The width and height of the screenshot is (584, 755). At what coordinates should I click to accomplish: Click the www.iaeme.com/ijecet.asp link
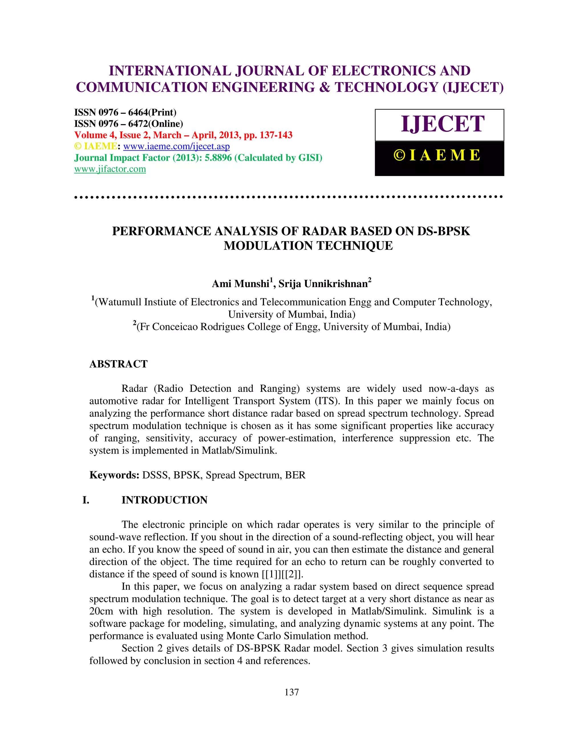[x=177, y=146]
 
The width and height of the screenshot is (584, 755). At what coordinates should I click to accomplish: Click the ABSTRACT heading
[x=118, y=364]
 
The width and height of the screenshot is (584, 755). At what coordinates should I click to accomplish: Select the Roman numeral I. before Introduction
[x=86, y=500]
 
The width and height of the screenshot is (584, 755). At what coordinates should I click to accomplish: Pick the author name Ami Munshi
[x=240, y=284]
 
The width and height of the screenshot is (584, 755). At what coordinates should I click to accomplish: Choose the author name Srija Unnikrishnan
[x=323, y=284]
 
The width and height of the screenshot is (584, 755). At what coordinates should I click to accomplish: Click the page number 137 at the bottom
[x=292, y=692]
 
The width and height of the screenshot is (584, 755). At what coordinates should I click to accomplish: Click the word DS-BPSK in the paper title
[x=443, y=231]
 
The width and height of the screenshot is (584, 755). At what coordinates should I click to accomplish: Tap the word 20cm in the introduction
[x=101, y=611]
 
